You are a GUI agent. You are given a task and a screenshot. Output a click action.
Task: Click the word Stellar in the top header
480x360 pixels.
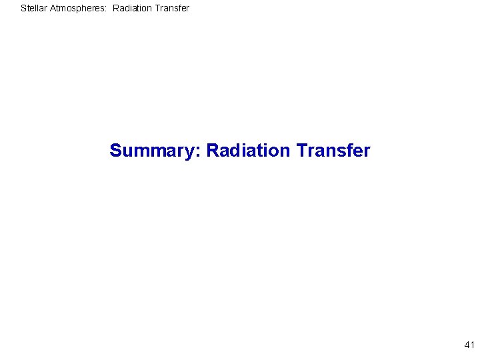point(34,9)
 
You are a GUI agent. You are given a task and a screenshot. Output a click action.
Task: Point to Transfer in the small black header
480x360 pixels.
point(174,9)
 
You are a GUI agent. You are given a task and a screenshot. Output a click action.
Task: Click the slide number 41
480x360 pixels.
point(469,345)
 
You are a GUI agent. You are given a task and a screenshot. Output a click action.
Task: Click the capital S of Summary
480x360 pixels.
point(115,151)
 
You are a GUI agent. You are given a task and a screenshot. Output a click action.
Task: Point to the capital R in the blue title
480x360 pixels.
point(213,151)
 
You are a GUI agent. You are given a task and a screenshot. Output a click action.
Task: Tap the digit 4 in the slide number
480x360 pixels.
point(467,345)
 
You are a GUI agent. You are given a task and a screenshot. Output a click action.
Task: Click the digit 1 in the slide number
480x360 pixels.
point(472,345)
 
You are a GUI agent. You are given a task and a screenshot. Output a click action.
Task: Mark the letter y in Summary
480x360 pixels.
point(191,153)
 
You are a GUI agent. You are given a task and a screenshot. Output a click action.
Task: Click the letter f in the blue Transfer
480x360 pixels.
point(348,151)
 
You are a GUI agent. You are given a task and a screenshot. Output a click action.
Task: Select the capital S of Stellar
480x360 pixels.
point(23,9)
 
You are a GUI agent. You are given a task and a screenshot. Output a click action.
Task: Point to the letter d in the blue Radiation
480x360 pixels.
point(234,151)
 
